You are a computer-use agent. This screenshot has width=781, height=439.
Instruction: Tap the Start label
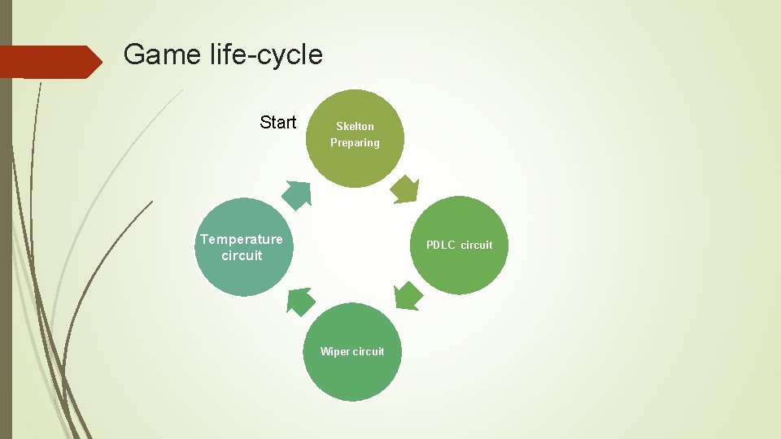point(278,123)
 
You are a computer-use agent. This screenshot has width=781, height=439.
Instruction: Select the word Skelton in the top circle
point(355,126)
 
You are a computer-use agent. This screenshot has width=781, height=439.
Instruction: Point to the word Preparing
point(355,143)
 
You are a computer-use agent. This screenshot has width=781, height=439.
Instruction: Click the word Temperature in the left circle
point(242,239)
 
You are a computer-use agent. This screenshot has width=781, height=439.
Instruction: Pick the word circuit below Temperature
point(242,255)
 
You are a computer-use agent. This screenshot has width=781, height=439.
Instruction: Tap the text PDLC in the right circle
point(441,245)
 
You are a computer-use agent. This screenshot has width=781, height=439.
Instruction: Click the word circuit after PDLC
point(476,245)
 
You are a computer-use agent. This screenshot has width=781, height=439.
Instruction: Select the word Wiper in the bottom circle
point(334,351)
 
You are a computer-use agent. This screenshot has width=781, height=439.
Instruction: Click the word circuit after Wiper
point(368,351)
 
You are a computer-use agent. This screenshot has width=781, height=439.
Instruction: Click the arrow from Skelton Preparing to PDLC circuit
point(404,189)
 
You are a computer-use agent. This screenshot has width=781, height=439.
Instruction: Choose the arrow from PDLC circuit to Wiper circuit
point(408,296)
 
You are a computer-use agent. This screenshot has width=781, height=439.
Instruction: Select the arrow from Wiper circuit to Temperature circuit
point(300,302)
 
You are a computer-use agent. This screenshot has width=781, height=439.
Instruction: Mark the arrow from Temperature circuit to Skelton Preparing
point(297,193)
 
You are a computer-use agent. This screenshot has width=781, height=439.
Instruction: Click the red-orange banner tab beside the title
point(49,62)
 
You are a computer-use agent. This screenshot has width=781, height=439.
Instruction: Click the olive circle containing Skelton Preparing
point(355,163)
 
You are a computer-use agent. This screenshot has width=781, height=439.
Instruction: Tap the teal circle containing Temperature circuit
point(244,272)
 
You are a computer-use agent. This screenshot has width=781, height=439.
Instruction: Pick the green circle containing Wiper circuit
point(352,378)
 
